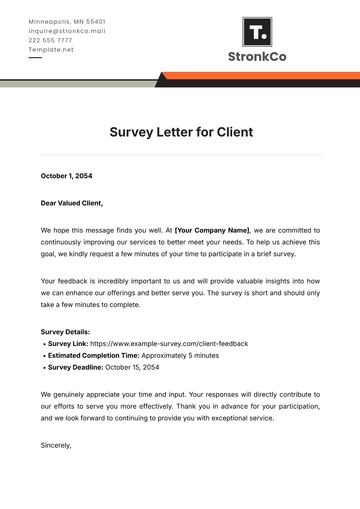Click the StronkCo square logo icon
point(256,32)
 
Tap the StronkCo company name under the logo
point(257,57)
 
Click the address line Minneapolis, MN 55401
point(67,21)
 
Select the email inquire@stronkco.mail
point(67,30)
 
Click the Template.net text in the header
point(51,49)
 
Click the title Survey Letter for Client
point(180,131)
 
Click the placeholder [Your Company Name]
point(213,229)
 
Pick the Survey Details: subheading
point(65,331)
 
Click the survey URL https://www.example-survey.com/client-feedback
point(170,343)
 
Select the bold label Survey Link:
point(69,343)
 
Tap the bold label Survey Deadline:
point(77,367)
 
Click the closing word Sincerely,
point(56,445)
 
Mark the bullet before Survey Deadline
point(44,367)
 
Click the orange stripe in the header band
point(260,75)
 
